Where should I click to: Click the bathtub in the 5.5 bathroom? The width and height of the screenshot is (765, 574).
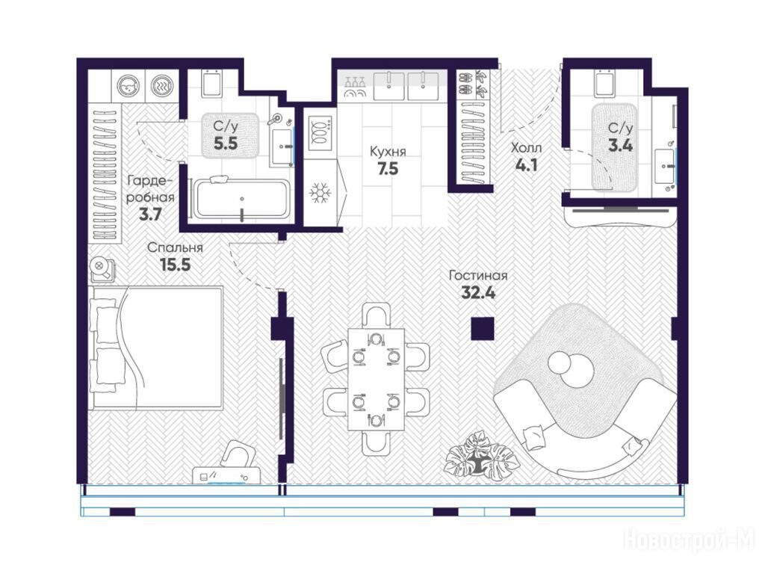241,199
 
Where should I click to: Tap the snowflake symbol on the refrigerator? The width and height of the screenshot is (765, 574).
320,193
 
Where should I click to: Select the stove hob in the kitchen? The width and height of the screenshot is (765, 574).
320,133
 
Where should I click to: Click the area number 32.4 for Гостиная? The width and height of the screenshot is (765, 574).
478,293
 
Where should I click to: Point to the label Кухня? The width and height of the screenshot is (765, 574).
388,151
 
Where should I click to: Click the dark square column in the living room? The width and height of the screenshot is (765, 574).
483,329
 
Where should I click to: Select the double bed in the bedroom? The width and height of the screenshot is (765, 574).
156,348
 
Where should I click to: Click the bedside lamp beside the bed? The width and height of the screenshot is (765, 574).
102,268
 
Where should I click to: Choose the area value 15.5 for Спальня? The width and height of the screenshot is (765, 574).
175,265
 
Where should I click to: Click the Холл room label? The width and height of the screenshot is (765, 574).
527,147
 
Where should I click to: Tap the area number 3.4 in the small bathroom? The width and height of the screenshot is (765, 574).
620,145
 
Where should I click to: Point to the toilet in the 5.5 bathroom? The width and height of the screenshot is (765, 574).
211,83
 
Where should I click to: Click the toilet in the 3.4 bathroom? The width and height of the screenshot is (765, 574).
605,82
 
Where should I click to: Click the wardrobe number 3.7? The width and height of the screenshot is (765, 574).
149,215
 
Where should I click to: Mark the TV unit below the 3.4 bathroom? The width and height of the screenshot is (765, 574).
620,215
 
